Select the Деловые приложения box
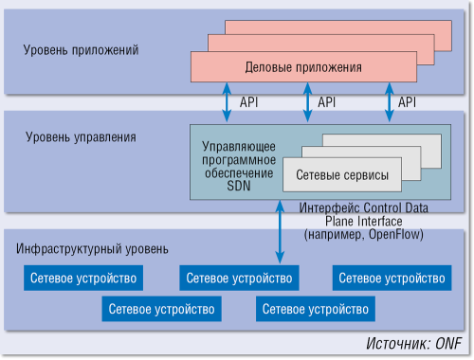(x=303, y=67)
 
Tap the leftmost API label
(x=249, y=101)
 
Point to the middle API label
(x=327, y=101)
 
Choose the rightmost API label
(x=408, y=101)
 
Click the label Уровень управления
(x=81, y=136)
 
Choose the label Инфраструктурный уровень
(x=93, y=249)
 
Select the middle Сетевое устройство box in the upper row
(x=239, y=279)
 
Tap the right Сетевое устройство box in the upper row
(x=392, y=279)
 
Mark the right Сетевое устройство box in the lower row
(x=315, y=309)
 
